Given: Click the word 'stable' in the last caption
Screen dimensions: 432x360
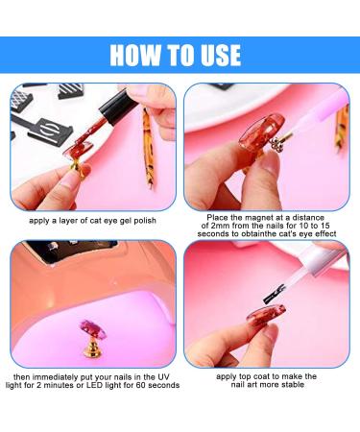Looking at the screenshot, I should tap(299, 385).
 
